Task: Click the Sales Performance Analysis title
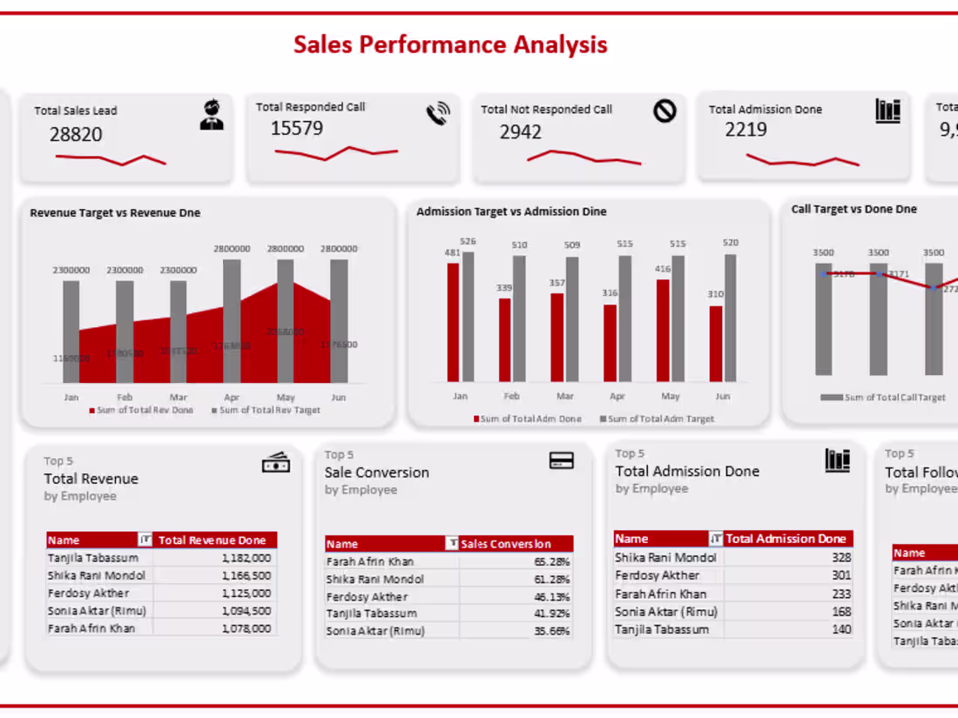[x=450, y=44]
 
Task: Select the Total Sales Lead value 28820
[x=76, y=134]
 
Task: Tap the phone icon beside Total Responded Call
[x=438, y=114]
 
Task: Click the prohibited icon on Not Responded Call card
[x=665, y=111]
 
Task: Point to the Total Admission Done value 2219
[x=746, y=130]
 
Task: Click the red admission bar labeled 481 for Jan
[x=453, y=322]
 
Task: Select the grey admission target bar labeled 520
[x=730, y=318]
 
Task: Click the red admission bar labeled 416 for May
[x=664, y=330]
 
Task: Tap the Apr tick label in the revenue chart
[x=231, y=397]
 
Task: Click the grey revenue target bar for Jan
[x=71, y=331]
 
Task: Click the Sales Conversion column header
[x=516, y=544]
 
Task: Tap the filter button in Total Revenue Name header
[x=145, y=540]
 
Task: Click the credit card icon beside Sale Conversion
[x=562, y=460]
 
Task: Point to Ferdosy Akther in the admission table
[x=657, y=575]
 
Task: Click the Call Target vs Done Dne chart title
[x=853, y=209]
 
